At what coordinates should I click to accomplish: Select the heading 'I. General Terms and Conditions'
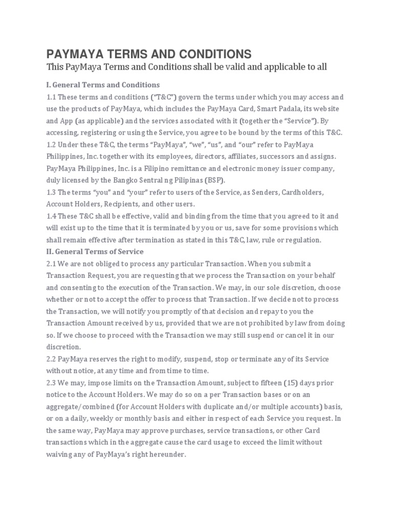pos(103,84)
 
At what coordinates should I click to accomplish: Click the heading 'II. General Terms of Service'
pos(95,251)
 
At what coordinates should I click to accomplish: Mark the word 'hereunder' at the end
pos(168,454)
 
